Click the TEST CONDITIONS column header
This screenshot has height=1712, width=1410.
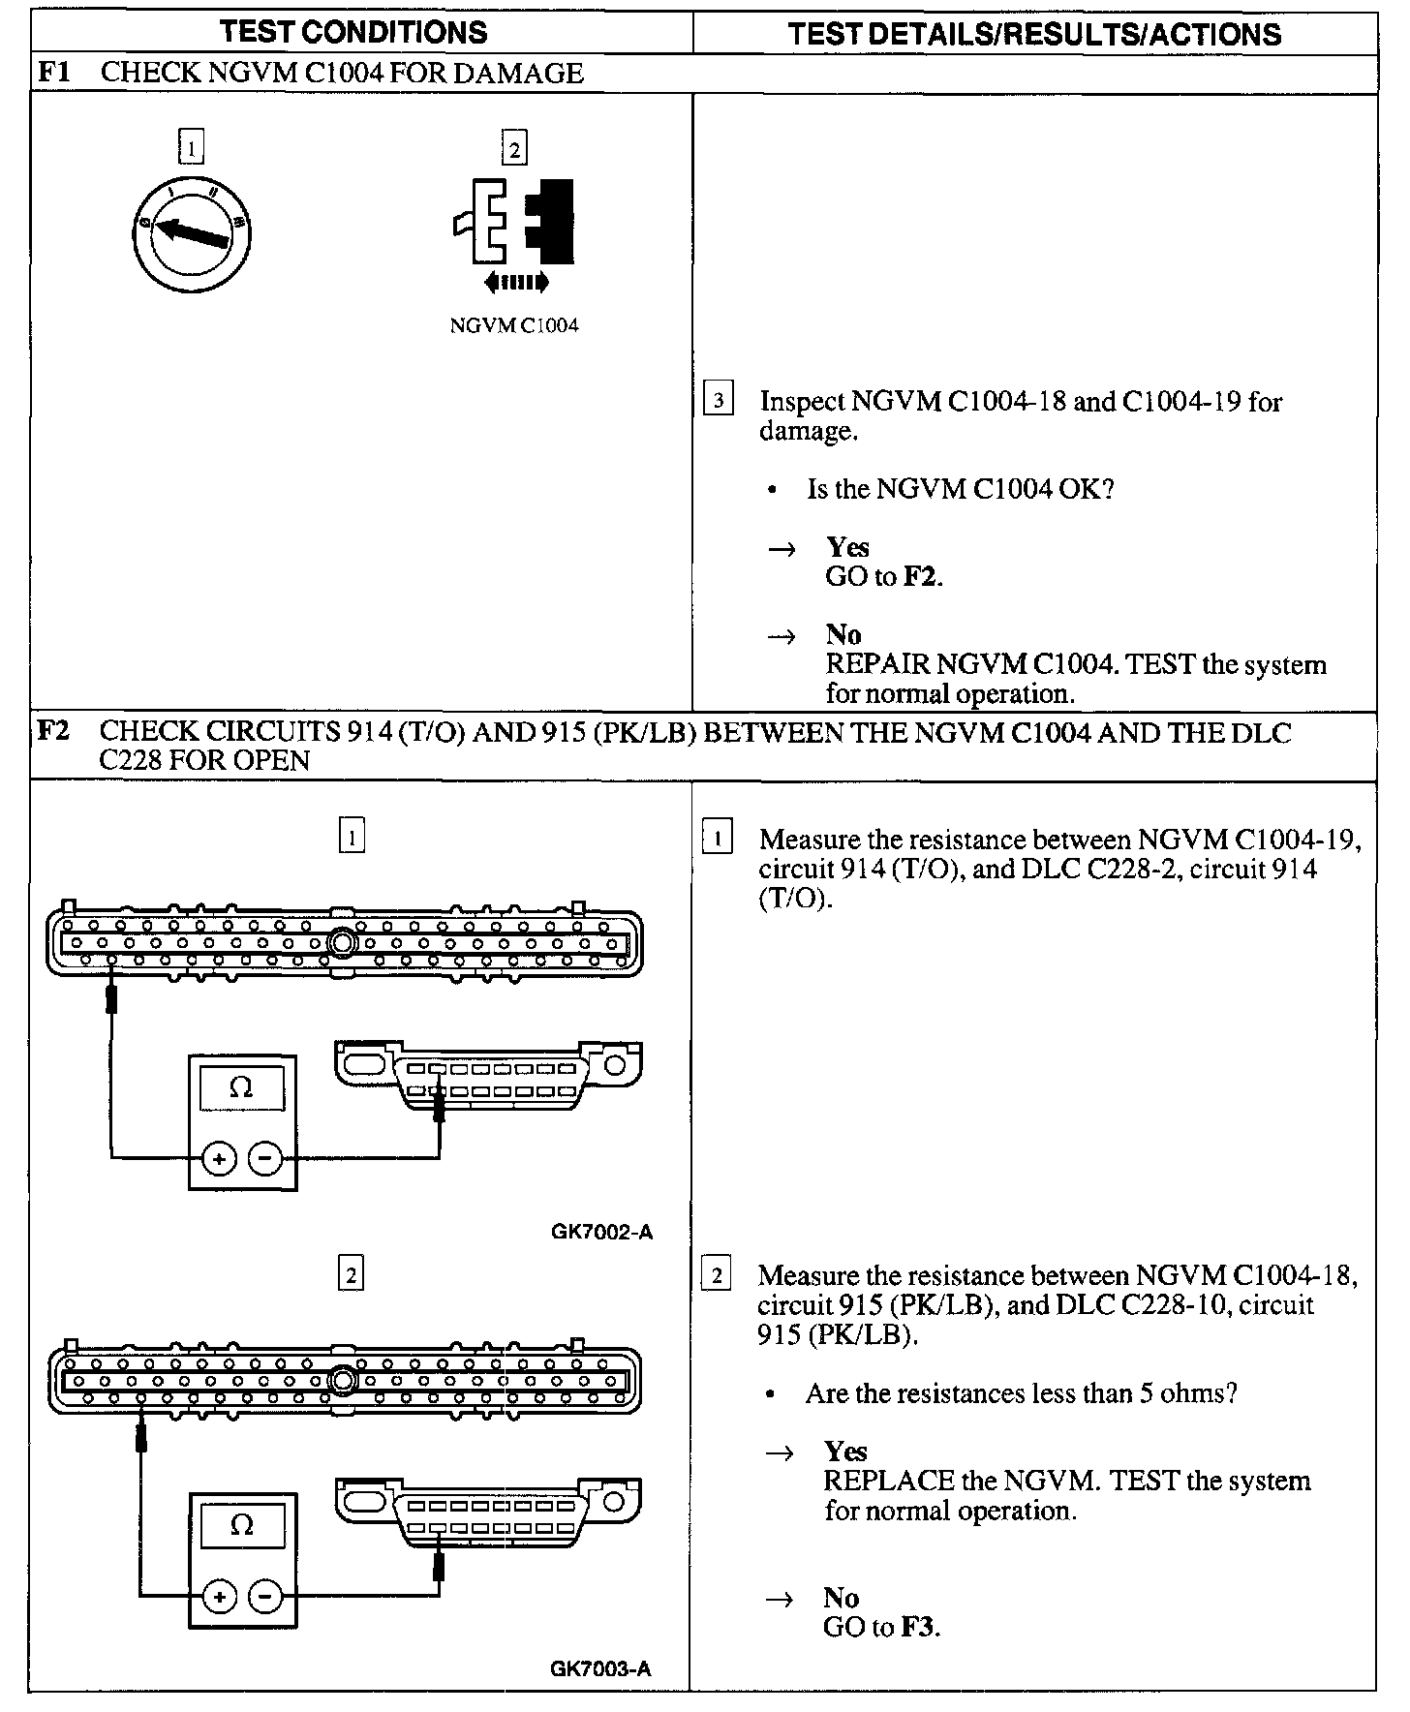coord(353,32)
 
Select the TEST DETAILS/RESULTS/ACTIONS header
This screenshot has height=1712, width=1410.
coord(1034,34)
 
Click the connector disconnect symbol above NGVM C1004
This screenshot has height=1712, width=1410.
coord(515,232)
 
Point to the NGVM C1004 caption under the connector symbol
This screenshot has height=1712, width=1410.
coord(514,325)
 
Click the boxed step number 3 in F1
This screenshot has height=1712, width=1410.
coord(718,400)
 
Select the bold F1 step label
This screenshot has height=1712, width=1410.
coord(53,73)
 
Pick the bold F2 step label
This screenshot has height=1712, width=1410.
coord(53,731)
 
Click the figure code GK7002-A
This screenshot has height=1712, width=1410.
coord(601,1232)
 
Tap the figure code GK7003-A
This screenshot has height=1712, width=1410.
coord(600,1668)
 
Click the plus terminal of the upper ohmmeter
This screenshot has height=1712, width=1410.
coord(219,1157)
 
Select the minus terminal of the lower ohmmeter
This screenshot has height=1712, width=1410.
coord(265,1596)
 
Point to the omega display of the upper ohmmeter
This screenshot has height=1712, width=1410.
coord(242,1087)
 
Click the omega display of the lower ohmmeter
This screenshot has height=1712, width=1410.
coord(242,1525)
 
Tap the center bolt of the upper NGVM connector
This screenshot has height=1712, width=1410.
coord(342,942)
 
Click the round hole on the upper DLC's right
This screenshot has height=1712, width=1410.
coord(614,1066)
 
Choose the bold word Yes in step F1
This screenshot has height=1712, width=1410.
coord(847,547)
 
